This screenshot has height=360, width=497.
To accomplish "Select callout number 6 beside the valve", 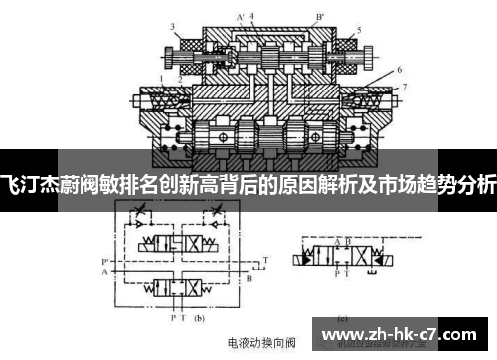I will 399,71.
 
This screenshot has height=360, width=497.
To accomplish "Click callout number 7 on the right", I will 403,89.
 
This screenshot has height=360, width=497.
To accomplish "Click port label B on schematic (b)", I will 248,279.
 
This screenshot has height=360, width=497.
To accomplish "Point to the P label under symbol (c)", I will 337,271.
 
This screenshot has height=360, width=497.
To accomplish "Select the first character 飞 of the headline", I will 10,185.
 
